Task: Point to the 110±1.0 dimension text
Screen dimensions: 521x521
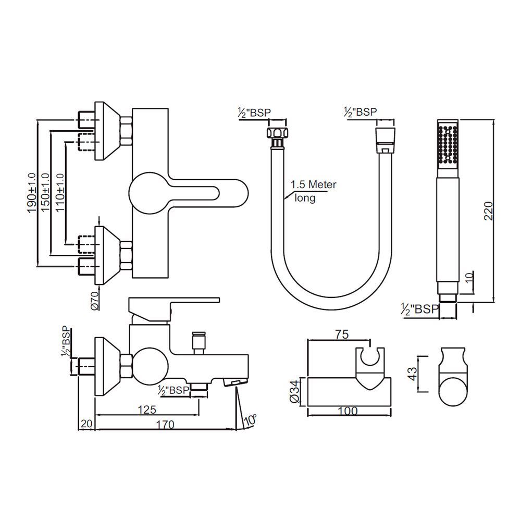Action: [x=60, y=192]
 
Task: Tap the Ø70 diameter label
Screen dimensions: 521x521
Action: [x=95, y=300]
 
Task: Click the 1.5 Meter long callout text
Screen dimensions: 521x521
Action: [x=312, y=191]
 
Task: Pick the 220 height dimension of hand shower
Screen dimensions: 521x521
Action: [x=488, y=210]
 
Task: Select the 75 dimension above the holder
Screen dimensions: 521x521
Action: [x=343, y=334]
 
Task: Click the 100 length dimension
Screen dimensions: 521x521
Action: [x=348, y=411]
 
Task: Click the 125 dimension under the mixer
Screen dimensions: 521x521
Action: [x=147, y=410]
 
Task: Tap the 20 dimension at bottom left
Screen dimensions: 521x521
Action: [x=86, y=425]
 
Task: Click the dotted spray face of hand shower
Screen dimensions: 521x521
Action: [x=448, y=145]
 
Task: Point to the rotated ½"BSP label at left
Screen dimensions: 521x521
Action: [x=66, y=343]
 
